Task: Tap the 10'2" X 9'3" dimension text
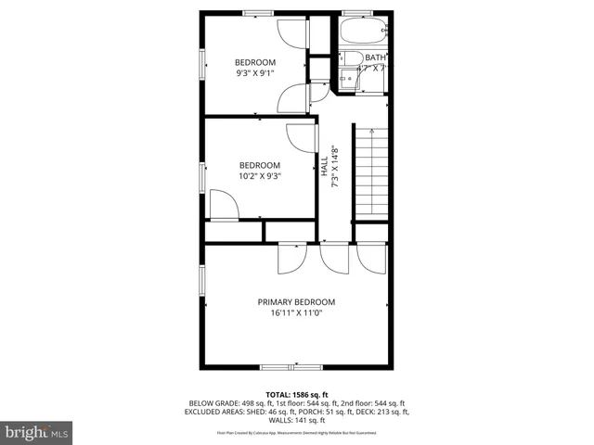click(260, 176)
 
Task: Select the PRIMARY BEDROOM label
click(296, 302)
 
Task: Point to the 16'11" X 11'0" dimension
click(296, 313)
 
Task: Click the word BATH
click(376, 57)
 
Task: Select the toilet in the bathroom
click(351, 59)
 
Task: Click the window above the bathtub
click(355, 13)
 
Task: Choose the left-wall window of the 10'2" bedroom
click(201, 177)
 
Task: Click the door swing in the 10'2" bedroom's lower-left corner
click(223, 204)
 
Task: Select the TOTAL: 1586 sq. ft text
click(296, 393)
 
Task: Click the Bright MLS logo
click(37, 432)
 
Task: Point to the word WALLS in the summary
click(278, 420)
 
